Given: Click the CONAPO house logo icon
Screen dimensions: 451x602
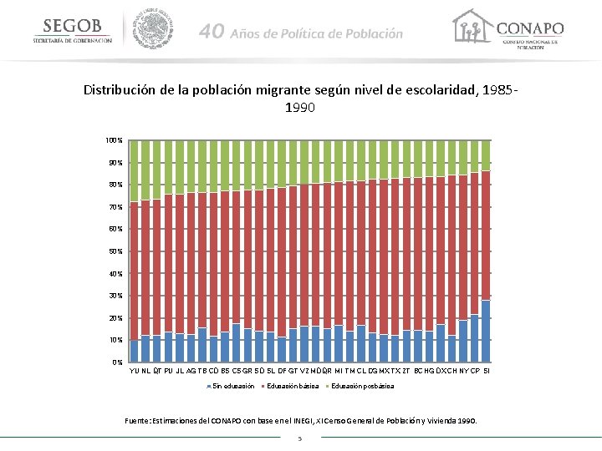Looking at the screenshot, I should point(471,28).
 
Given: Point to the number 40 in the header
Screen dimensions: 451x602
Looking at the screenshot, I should point(212,33).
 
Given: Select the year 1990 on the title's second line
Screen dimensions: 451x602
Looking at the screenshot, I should point(300,108).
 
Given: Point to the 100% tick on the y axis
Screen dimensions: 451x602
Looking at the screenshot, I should point(114,139).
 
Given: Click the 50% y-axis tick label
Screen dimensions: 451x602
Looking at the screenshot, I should point(115,251).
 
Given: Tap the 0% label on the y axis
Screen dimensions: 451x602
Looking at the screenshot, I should point(117,362).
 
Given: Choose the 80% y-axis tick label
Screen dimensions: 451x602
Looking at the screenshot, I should point(115,184).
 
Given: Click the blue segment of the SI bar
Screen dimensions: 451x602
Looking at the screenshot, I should point(486,331).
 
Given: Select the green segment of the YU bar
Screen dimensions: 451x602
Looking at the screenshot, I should point(134,170).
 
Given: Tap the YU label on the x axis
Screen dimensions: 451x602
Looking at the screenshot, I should point(134,370).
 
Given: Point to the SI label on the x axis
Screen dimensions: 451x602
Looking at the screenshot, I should point(487,370).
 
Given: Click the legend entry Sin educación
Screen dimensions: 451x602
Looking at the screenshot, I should point(231,387).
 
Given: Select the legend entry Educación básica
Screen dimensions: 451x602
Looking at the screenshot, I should point(292,387).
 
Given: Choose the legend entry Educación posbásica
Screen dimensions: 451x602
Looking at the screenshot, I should point(360,387).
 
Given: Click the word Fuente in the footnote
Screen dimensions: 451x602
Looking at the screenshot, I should point(139,421).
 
